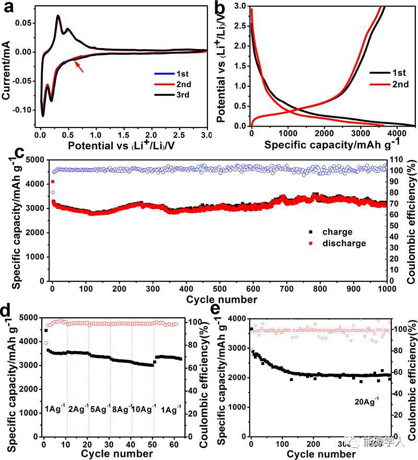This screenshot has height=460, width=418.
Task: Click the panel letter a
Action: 7,9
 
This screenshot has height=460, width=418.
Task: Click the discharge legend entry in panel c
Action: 340,243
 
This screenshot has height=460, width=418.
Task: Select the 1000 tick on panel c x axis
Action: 387,290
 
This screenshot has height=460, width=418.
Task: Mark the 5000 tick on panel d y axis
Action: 29,318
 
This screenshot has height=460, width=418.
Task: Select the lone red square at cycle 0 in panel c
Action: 53,182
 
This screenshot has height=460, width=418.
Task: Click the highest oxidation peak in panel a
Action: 57,16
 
